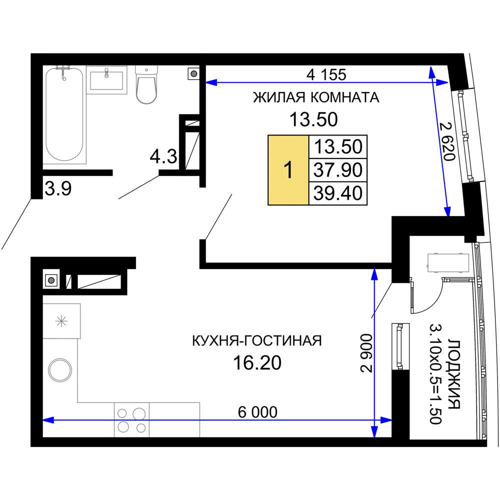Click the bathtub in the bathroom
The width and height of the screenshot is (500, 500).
(64, 115)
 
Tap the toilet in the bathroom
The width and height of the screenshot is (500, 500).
(146, 85)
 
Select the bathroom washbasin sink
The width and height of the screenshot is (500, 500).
(106, 80)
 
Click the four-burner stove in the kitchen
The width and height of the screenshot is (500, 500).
(131, 419)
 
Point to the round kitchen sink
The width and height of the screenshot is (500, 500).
(60, 370)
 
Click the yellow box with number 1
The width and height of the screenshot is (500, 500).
(288, 170)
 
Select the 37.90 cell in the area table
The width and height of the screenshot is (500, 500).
(338, 170)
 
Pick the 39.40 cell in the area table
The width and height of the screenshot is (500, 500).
(338, 193)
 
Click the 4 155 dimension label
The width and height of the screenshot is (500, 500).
(326, 74)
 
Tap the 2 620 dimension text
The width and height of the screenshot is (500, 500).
(447, 141)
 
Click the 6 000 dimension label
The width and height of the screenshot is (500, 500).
(257, 412)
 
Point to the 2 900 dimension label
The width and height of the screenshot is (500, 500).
(366, 353)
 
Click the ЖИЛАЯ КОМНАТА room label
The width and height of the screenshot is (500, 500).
(316, 97)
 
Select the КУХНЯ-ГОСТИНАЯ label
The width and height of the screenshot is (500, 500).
(257, 341)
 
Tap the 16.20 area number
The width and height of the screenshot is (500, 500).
(257, 363)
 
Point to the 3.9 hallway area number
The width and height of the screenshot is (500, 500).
(58, 189)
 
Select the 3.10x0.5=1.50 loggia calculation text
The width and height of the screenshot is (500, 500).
(435, 374)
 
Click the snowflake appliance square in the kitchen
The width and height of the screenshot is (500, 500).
(61, 321)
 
